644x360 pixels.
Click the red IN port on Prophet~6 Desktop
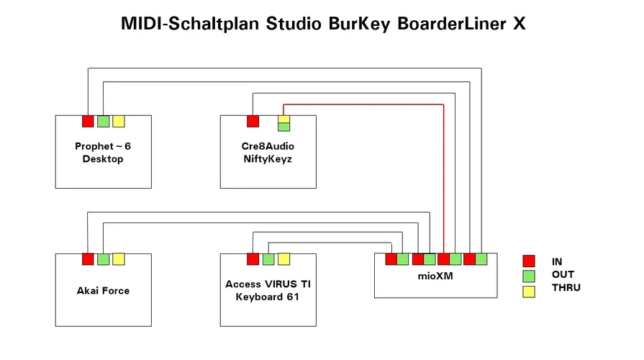[88, 121]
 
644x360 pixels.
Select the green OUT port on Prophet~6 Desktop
[104, 121]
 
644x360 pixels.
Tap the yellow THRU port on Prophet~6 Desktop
[119, 121]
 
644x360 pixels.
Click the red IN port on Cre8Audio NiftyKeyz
[253, 121]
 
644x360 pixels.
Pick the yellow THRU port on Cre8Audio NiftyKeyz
[284, 119]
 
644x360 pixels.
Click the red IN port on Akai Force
[88, 259]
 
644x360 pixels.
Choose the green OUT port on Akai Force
[104, 259]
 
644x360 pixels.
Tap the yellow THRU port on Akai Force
[119, 259]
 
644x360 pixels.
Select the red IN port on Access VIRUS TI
[253, 259]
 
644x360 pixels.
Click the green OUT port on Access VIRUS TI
[268, 259]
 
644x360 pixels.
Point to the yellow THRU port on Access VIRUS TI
[284, 259]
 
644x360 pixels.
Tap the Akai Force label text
[103, 291]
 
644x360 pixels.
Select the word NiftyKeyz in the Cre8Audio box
[268, 158]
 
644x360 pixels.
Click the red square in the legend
[529, 261]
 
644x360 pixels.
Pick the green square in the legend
[529, 275]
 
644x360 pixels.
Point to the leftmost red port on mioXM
[391, 259]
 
